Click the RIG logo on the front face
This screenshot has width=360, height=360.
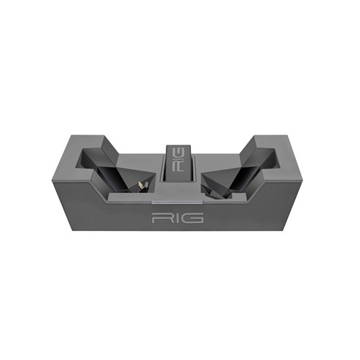[x=178, y=217]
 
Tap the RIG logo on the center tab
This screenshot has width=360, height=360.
[x=179, y=159]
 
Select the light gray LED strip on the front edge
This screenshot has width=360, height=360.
[x=177, y=202]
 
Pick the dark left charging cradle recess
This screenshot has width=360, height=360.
[x=113, y=171]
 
